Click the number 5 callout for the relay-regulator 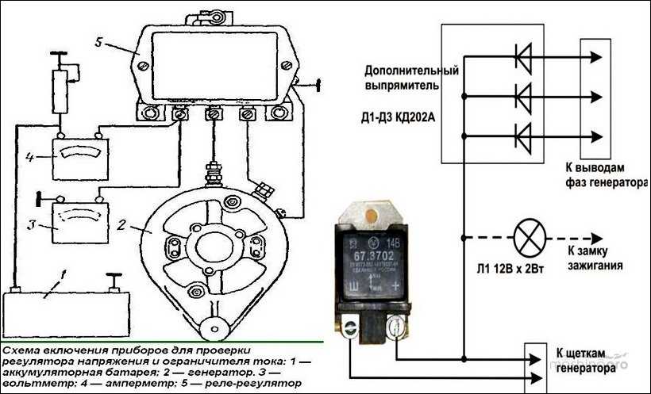point(97,42)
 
